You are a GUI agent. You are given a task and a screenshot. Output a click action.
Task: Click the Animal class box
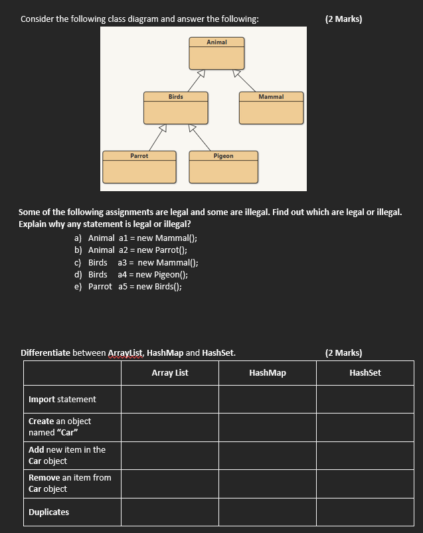216,54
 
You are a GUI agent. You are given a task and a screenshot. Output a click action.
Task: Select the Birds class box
176,108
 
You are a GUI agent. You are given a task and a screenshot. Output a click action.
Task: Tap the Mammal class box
271,108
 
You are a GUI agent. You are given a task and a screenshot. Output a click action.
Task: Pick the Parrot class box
139,167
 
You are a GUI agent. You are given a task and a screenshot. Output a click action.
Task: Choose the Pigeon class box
223,167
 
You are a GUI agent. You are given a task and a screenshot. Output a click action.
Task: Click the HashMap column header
268,373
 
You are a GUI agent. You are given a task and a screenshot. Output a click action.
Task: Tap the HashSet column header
365,373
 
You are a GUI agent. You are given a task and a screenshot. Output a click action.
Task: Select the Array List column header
170,373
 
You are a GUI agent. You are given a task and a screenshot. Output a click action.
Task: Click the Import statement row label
62,400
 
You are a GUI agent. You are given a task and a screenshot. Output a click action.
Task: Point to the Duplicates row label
49,512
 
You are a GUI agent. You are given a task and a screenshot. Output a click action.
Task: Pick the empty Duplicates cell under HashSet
365,512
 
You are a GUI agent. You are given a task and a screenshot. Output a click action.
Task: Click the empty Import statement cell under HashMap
268,400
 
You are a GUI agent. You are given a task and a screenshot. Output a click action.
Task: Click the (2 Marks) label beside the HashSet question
344,353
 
